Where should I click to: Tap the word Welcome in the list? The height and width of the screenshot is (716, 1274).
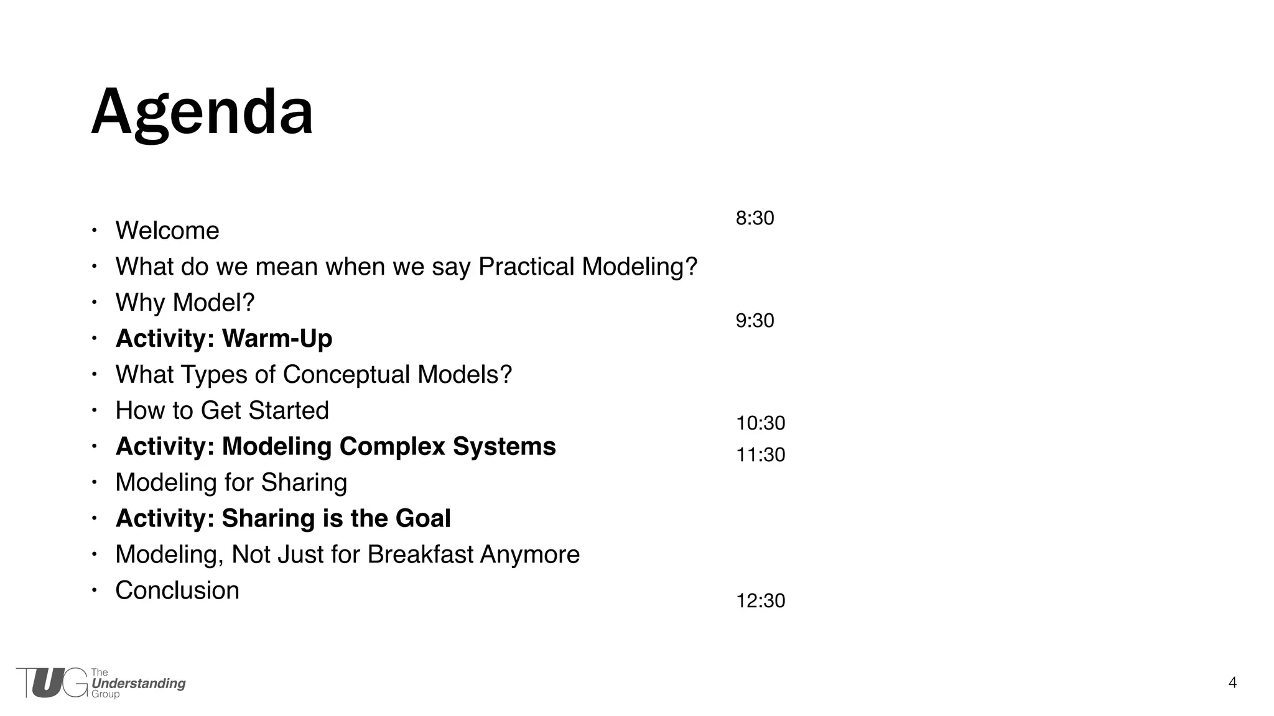tap(167, 231)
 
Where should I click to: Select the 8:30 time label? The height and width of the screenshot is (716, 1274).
tap(755, 218)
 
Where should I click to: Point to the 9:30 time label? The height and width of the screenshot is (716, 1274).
tap(755, 321)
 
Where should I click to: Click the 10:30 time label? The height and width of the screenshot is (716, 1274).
tap(760, 423)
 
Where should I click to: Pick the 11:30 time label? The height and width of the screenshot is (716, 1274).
tap(760, 455)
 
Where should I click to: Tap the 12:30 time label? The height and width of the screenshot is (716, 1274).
tap(760, 601)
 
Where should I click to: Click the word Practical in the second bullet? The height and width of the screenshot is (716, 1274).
tap(526, 267)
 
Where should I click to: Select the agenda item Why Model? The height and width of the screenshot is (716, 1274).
tap(185, 303)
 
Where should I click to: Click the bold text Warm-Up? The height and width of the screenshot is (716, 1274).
tap(277, 339)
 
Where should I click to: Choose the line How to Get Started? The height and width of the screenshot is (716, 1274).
tap(222, 411)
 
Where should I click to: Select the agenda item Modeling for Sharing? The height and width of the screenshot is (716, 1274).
tap(231, 483)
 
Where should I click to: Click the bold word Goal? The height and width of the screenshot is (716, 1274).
tap(423, 519)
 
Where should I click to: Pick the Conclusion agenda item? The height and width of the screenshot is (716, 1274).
tap(177, 590)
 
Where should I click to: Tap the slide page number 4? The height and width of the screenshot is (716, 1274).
tap(1232, 683)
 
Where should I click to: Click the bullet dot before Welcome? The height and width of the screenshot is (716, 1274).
tap(94, 231)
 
